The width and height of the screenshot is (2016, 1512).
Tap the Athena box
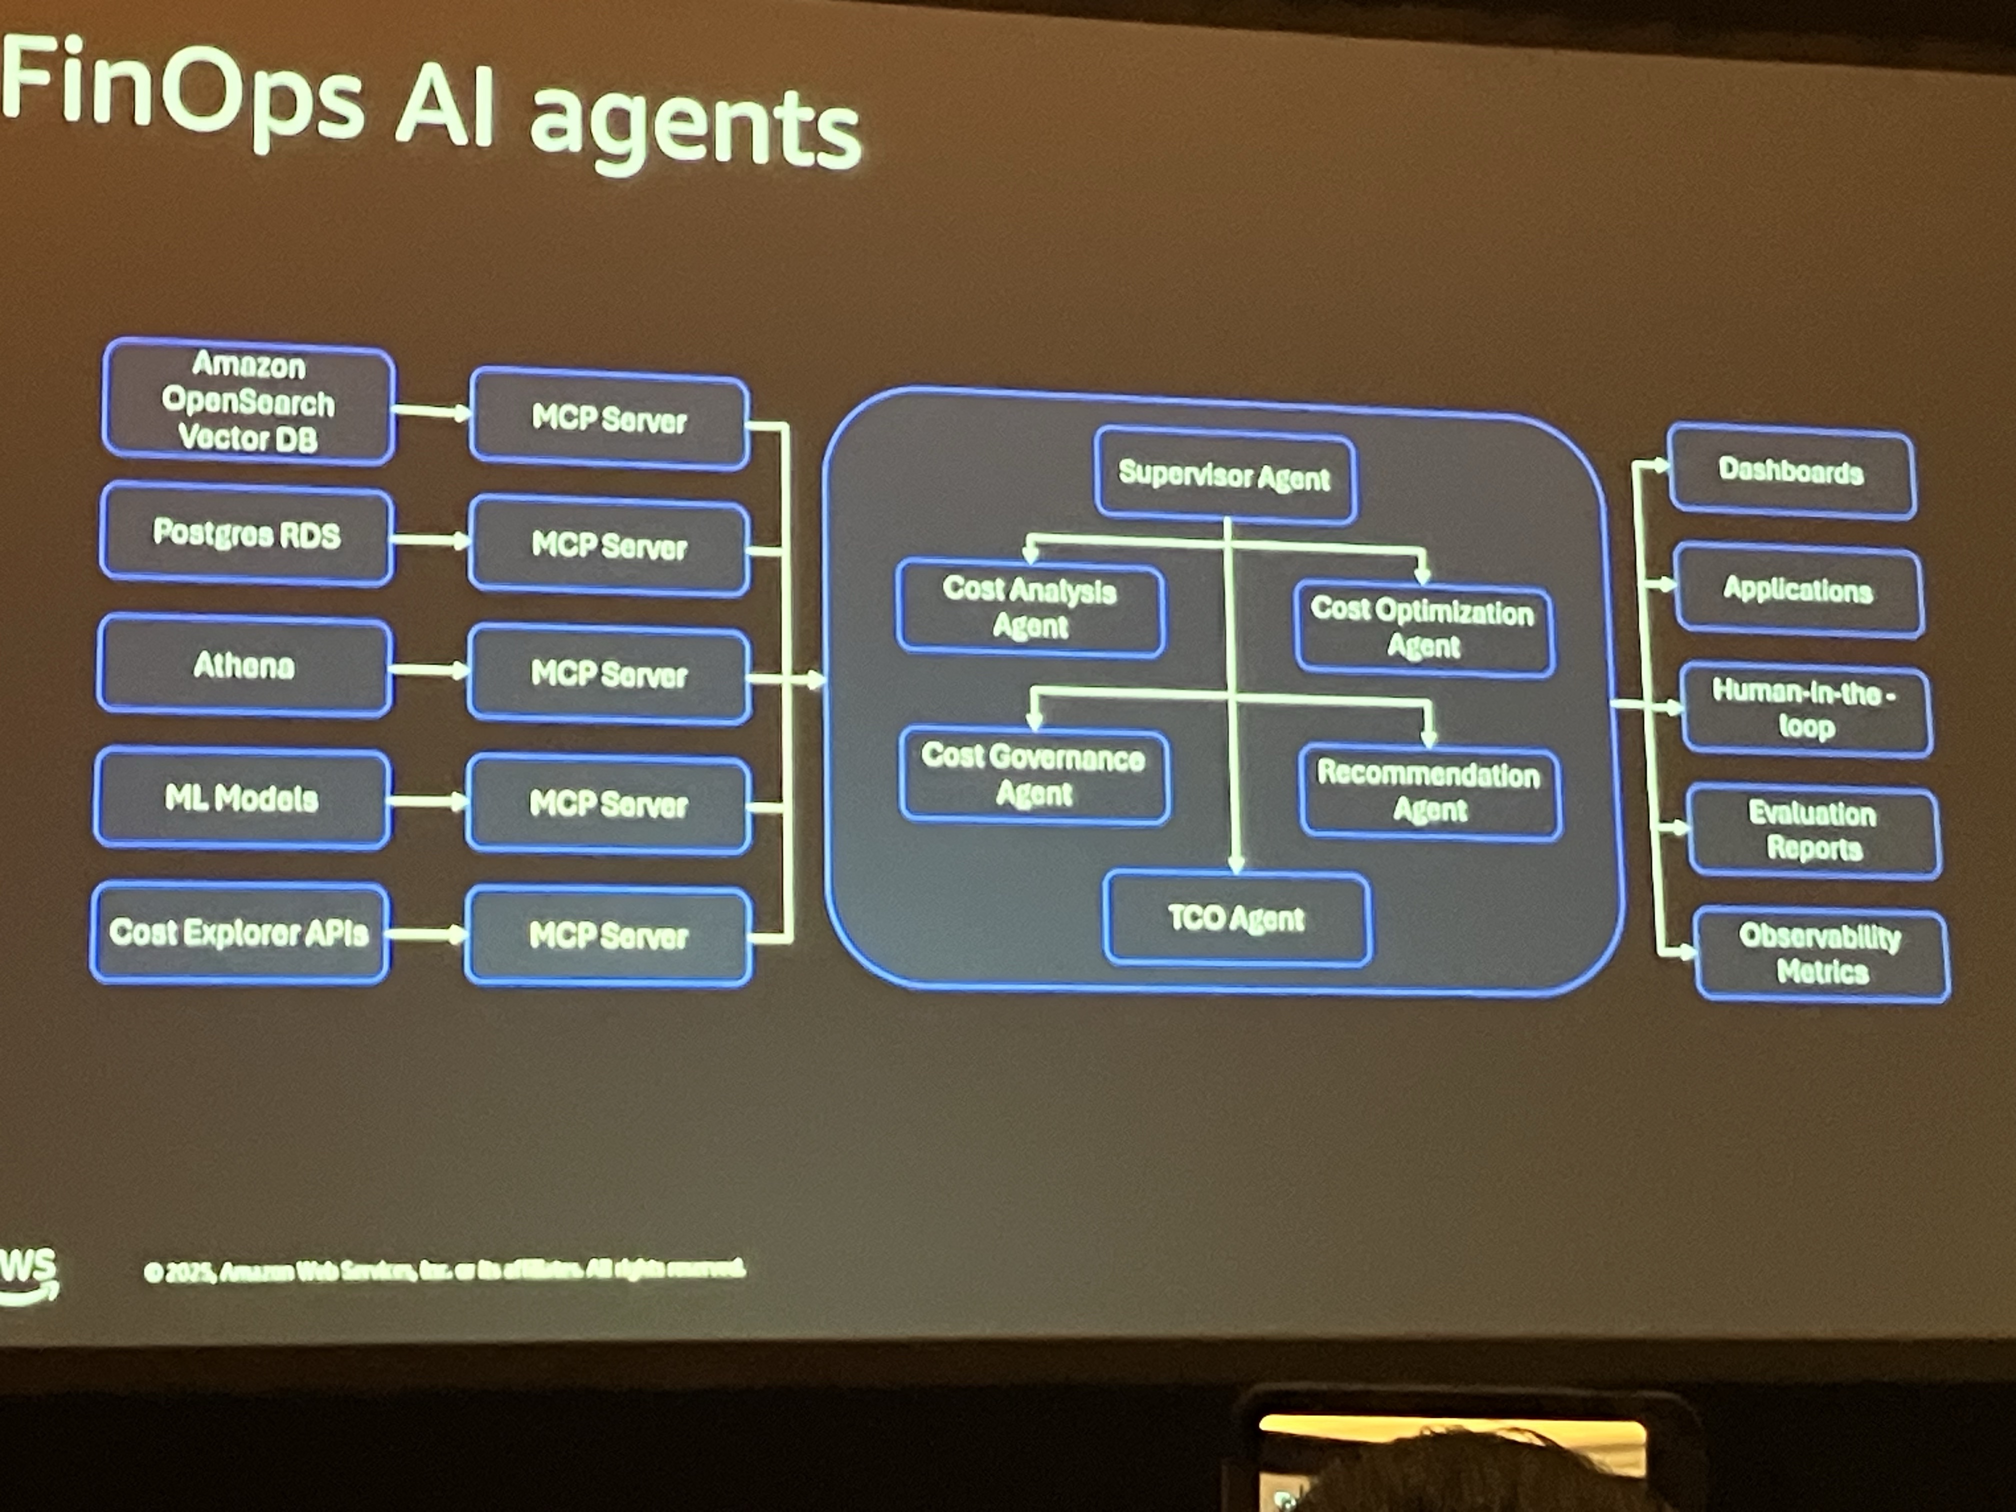point(244,666)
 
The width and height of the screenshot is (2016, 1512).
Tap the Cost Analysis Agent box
point(1030,608)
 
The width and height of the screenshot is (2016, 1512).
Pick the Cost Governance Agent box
point(1033,775)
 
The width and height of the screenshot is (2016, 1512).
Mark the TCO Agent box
point(1237,918)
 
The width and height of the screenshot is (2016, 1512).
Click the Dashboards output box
point(1791,471)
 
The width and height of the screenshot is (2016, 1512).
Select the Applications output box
point(1798,589)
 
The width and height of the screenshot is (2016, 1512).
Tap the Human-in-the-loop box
point(1804,709)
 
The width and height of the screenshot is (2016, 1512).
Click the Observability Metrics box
point(1821,954)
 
